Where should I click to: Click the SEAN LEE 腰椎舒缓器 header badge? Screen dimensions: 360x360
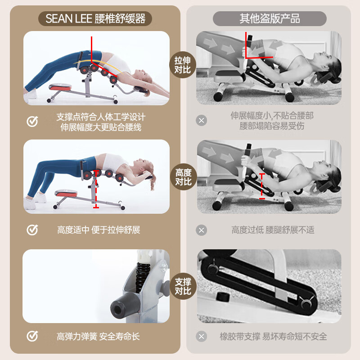coord(95,19)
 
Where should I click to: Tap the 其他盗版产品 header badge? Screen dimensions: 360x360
coord(270,19)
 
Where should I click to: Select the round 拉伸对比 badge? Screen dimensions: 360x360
coord(183,65)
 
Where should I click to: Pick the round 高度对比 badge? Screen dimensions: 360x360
coord(183,177)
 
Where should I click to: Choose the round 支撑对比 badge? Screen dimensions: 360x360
coord(183,286)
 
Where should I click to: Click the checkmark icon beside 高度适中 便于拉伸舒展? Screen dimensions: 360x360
coord(32,230)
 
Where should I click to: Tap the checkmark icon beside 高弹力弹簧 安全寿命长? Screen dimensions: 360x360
coord(32,336)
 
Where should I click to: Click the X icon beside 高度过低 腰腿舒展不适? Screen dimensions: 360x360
coord(202,230)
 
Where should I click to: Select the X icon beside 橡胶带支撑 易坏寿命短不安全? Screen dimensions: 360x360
coord(202,336)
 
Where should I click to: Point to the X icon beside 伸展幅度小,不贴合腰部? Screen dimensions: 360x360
coord(202,121)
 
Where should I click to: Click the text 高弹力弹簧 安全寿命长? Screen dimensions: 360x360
coord(98,336)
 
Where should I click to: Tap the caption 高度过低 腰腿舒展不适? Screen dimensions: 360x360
coord(273,230)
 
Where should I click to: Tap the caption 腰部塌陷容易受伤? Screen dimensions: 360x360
coord(272,126)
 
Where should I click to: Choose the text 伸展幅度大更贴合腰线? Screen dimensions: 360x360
coord(101,127)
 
